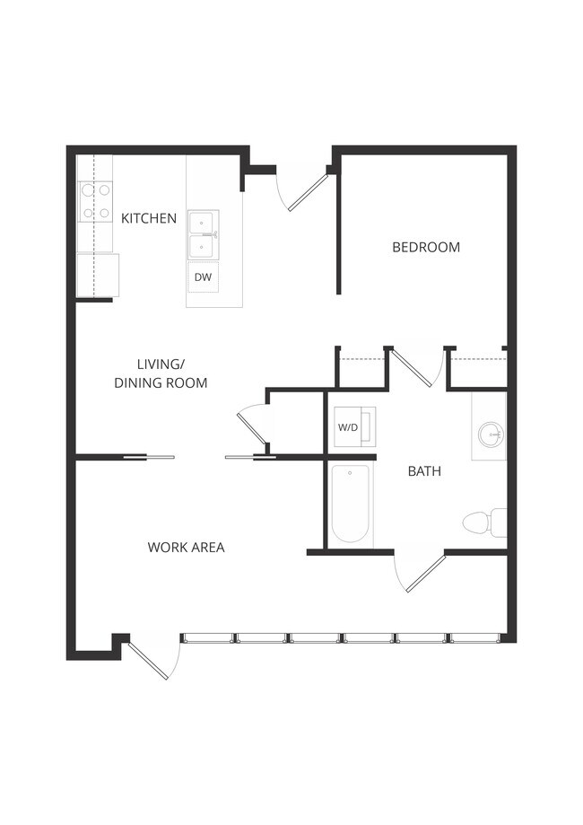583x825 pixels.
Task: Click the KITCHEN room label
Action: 149,218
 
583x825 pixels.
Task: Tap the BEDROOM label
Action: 426,247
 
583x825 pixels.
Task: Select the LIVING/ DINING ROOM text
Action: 161,373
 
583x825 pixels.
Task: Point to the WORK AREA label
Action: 186,547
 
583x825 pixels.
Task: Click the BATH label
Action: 424,470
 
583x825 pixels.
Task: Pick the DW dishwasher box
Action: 204,277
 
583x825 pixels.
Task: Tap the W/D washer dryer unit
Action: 348,427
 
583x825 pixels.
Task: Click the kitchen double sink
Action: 204,234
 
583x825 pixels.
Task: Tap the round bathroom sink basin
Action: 490,436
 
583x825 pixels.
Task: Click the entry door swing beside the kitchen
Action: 305,189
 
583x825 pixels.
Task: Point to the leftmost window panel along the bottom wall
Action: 208,638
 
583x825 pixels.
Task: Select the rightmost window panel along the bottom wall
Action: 474,638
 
